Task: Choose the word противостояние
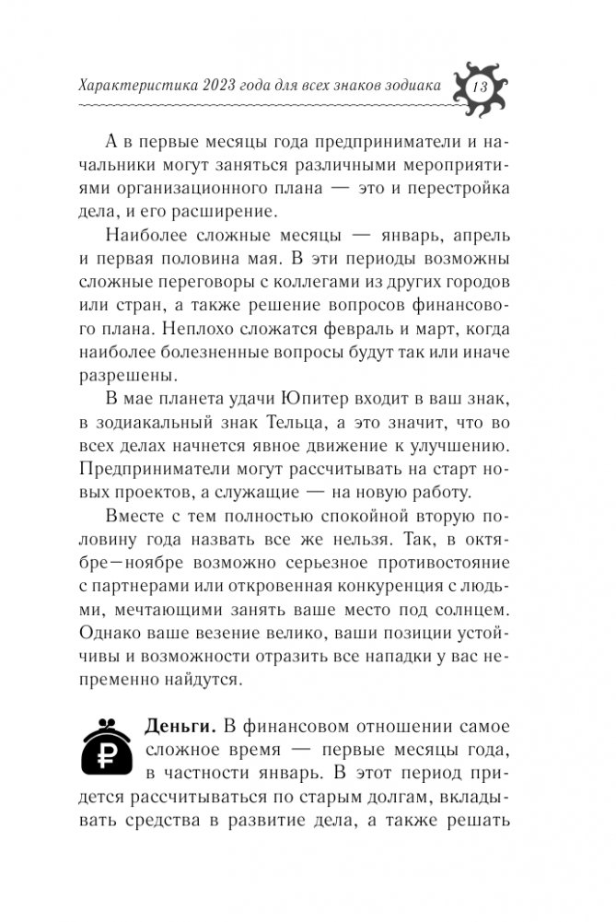tap(430, 561)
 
